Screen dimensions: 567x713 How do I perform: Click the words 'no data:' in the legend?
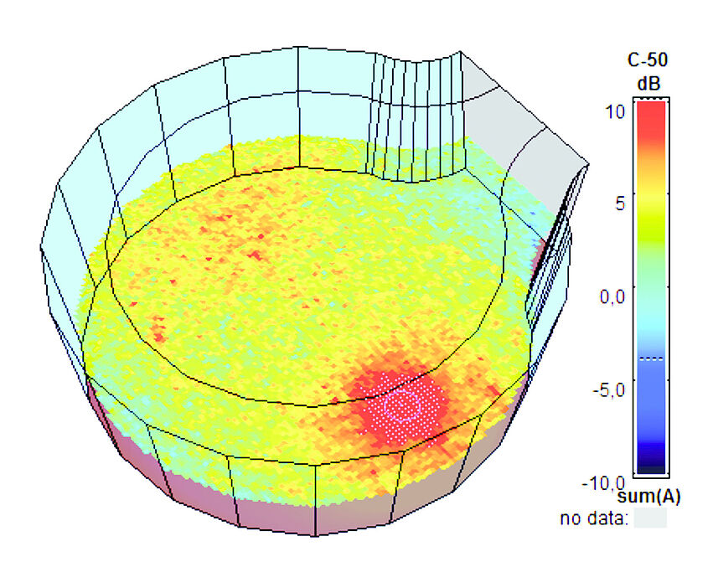[594, 519]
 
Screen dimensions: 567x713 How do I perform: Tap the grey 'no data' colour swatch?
[649, 519]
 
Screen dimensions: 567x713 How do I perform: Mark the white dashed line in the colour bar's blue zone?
[649, 358]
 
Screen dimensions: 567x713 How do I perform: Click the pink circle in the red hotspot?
[402, 405]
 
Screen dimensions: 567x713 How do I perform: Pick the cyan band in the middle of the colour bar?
[649, 322]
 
